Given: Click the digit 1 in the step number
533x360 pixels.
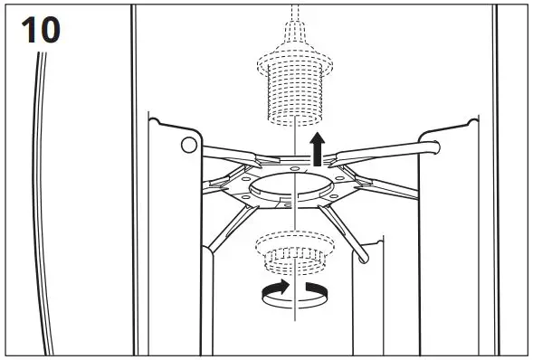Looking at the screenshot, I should coord(28,29).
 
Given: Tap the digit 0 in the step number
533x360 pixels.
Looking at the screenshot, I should coord(48,29).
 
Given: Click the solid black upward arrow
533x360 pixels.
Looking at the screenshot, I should coord(316,147).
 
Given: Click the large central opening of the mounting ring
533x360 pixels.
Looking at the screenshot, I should coord(295,190).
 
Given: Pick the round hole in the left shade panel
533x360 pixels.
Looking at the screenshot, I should coord(188,145).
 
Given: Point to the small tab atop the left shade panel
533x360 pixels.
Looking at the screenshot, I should coord(156,117).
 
